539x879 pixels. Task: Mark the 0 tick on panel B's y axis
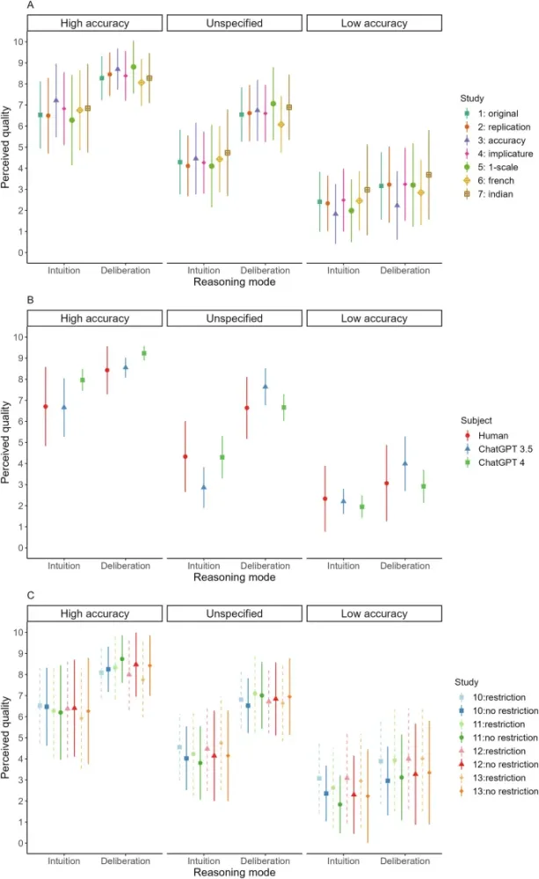click(19, 548)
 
